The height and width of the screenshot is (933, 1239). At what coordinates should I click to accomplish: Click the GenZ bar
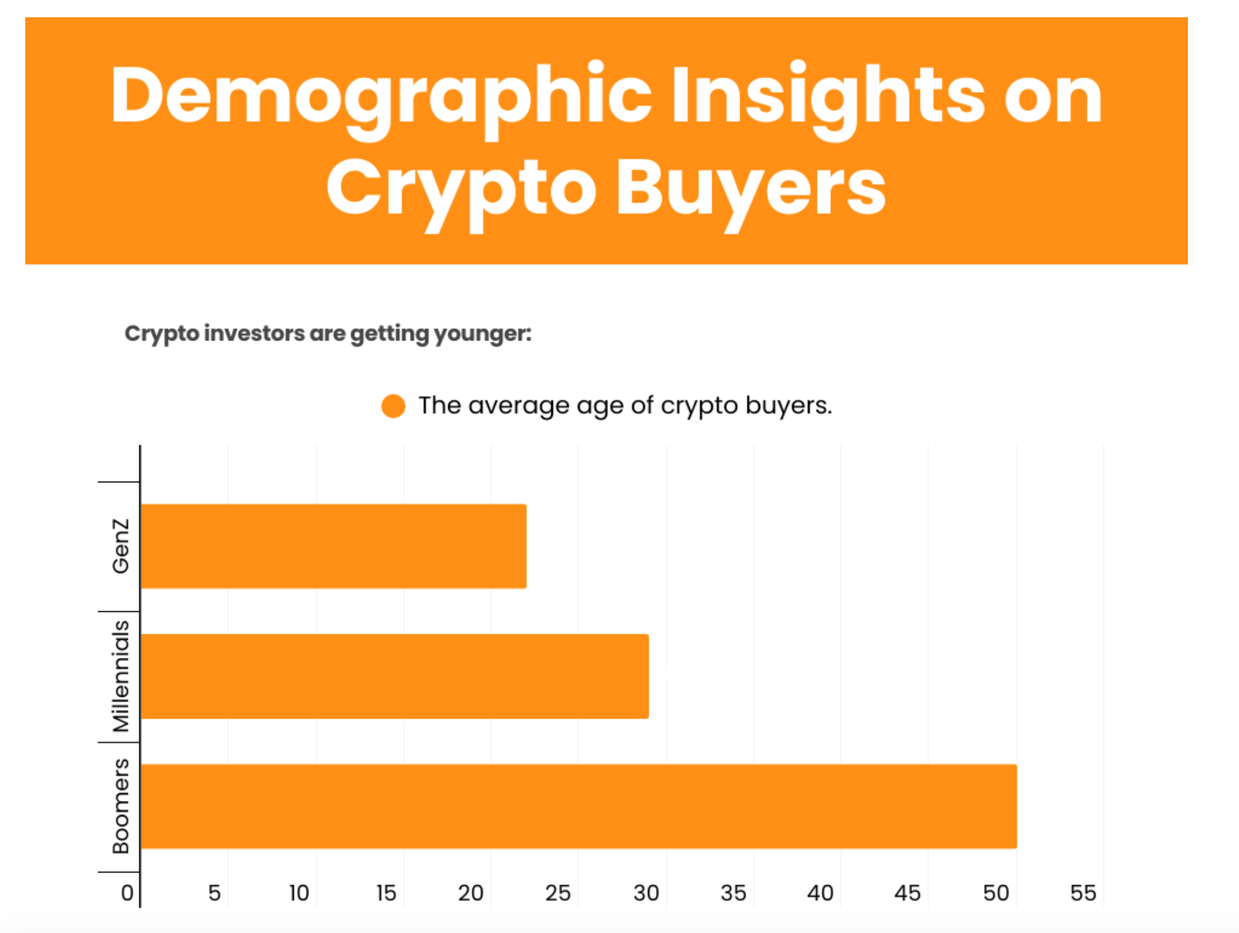tap(334, 546)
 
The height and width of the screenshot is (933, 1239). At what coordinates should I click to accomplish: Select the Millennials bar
tap(395, 676)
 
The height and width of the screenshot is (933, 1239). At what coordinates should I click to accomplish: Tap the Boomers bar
tap(578, 806)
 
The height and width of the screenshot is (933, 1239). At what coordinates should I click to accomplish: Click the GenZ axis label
tap(121, 546)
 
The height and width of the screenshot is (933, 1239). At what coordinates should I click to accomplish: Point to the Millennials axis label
tap(121, 676)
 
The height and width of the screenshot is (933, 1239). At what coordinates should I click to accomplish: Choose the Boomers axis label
tap(121, 806)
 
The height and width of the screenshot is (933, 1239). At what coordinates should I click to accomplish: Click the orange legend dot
tap(393, 406)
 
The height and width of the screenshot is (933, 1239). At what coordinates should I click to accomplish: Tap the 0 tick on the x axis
tap(127, 893)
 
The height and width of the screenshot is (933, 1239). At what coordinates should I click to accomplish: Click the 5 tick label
tap(214, 893)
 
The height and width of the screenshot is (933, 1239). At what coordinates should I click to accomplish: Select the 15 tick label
tap(386, 893)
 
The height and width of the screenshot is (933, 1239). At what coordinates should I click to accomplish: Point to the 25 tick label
tap(558, 893)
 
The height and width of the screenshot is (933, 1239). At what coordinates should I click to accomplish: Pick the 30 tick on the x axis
tap(646, 893)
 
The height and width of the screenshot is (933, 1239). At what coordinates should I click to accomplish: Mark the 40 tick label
tap(820, 893)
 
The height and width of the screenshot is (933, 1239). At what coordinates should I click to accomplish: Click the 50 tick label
tap(996, 893)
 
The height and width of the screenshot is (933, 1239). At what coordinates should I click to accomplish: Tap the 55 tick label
tap(1083, 893)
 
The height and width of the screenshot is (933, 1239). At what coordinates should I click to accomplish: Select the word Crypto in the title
tap(461, 189)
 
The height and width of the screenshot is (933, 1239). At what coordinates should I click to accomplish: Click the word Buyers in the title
tap(751, 189)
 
